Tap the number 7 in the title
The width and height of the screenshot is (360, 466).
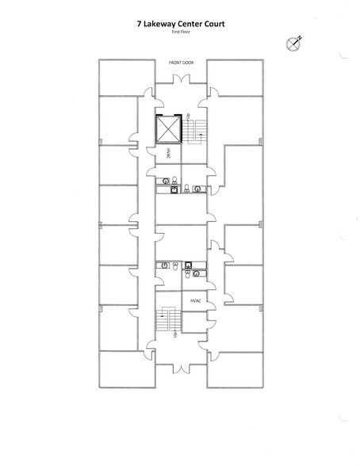(139, 25)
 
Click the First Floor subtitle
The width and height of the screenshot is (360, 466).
(180, 33)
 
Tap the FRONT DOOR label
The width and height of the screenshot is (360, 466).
(180, 62)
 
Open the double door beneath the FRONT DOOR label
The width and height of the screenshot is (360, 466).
(180, 79)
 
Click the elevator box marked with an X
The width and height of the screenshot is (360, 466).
(167, 130)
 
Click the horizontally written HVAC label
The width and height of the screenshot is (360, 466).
(194, 302)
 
